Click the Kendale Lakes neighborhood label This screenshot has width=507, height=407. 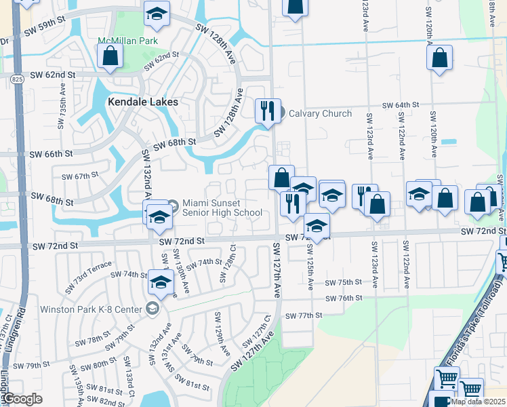click(x=143, y=102)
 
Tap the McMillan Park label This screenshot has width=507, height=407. click(x=128, y=41)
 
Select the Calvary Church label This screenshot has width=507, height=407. click(x=320, y=113)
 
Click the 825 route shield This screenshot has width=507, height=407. click(x=16, y=79)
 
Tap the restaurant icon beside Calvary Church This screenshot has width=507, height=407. click(x=268, y=111)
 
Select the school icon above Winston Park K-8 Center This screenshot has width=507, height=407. click(x=161, y=283)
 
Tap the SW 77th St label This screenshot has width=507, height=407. click(x=303, y=315)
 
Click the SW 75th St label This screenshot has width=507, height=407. click(x=344, y=282)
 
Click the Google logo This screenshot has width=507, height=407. click(x=24, y=399)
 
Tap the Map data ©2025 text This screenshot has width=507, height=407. click(x=477, y=402)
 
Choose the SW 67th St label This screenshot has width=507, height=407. click(x=80, y=176)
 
